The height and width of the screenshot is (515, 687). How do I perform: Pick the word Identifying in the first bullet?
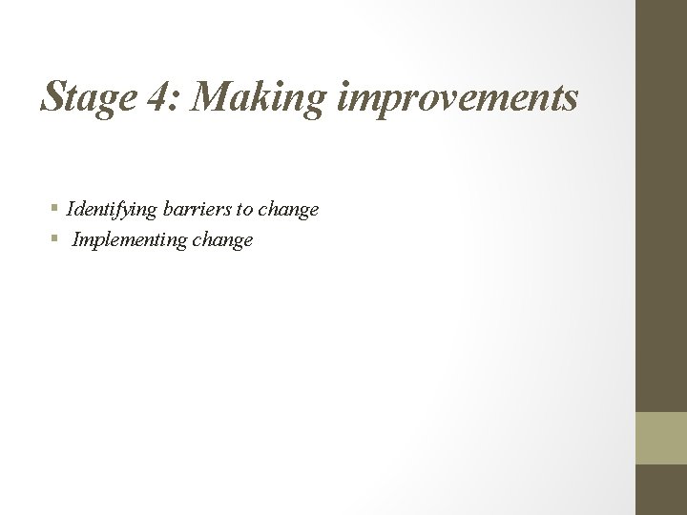coord(110,209)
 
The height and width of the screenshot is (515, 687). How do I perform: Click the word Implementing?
coord(130,239)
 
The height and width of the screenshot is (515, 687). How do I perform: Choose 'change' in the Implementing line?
coord(222,240)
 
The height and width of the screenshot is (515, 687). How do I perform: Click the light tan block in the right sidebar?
coord(661,438)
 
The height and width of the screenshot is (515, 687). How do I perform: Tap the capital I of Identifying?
coord(70,208)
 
